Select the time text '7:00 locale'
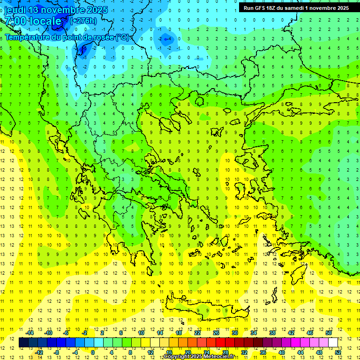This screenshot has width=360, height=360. click(x=33, y=21)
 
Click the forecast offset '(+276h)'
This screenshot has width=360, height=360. click(x=83, y=21)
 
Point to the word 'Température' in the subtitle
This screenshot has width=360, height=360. click(x=29, y=37)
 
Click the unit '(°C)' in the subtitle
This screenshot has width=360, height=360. click(x=122, y=37)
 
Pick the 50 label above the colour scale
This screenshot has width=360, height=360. click(x=328, y=333)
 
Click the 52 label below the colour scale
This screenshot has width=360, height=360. click(x=337, y=352)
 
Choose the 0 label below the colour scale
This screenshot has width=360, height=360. click(x=93, y=352)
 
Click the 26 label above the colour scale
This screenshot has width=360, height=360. click(x=216, y=333)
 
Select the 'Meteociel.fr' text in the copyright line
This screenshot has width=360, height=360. click(x=219, y=357)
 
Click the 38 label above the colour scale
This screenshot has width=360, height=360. click(x=272, y=333)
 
